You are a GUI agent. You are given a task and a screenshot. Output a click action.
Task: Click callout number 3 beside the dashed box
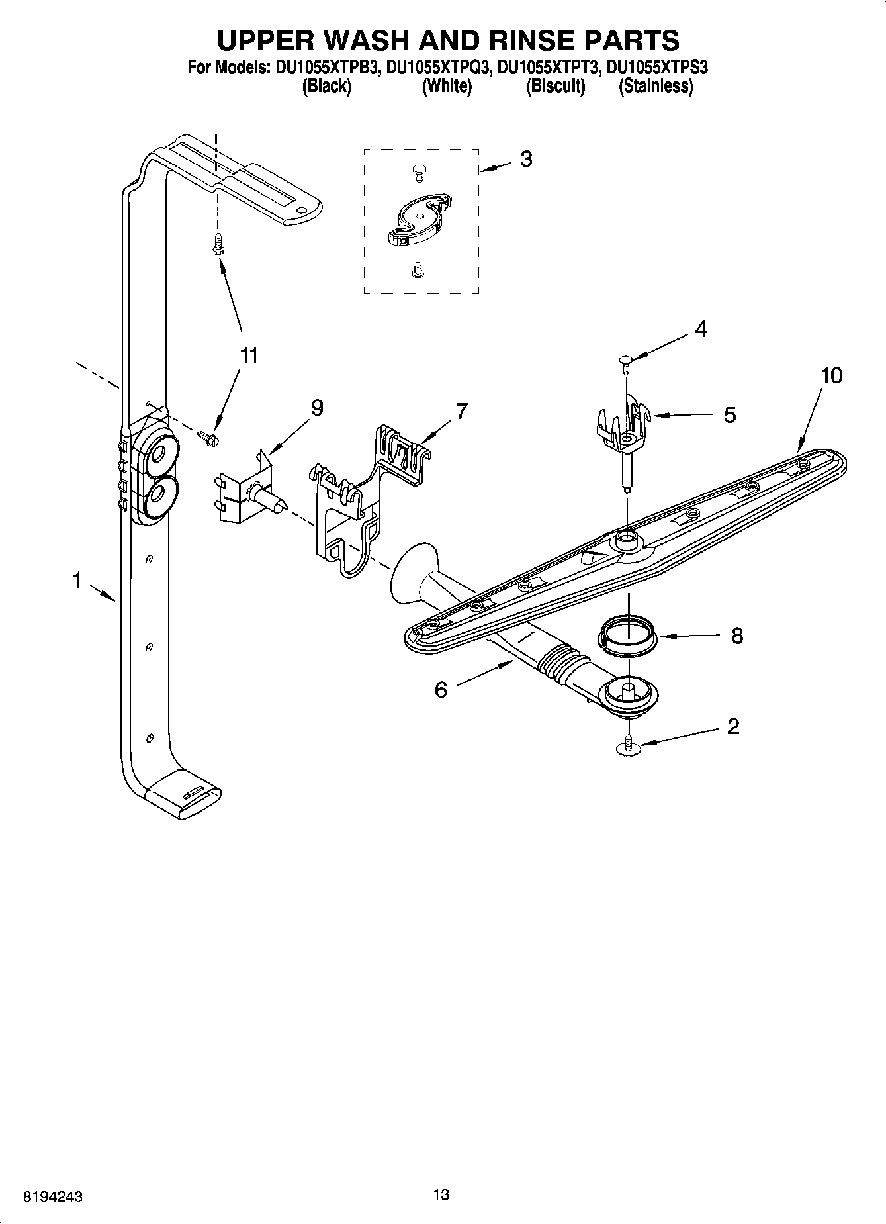point(526,159)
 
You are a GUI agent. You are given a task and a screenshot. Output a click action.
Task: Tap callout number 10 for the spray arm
point(832,376)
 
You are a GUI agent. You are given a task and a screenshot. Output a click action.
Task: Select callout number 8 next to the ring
point(737,636)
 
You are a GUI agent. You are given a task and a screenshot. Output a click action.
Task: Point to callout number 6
point(441,690)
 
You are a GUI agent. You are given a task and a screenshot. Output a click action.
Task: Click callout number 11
point(248,355)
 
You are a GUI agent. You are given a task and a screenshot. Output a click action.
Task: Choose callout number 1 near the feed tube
point(77,581)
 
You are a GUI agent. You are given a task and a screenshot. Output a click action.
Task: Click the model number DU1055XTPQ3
point(438,68)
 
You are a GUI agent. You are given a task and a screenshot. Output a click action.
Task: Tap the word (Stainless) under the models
point(655,87)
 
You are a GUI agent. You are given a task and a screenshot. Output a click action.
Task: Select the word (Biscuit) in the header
point(555,87)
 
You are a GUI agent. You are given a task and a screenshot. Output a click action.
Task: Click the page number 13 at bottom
point(441,1195)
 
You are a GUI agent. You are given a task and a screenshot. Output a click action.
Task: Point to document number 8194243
point(52,1197)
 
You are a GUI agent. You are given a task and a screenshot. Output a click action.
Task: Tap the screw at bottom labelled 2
point(629,747)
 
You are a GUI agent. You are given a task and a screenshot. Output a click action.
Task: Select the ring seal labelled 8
point(628,637)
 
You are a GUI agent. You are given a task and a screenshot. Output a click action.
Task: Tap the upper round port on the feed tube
point(159,454)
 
